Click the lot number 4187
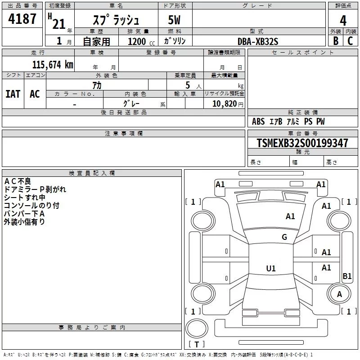coord(22,20)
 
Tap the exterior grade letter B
coord(335,41)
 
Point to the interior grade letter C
coord(350,41)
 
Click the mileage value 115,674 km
coord(52,64)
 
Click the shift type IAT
coord(13,94)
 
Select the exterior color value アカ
coord(96,85)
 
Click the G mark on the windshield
coord(284,237)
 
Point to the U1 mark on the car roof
coord(270,269)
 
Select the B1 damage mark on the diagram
coord(347,276)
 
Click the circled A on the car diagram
coord(339,294)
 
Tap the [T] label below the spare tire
coord(196,345)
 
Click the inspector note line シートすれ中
coord(24,198)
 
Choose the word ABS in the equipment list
coord(258,121)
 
